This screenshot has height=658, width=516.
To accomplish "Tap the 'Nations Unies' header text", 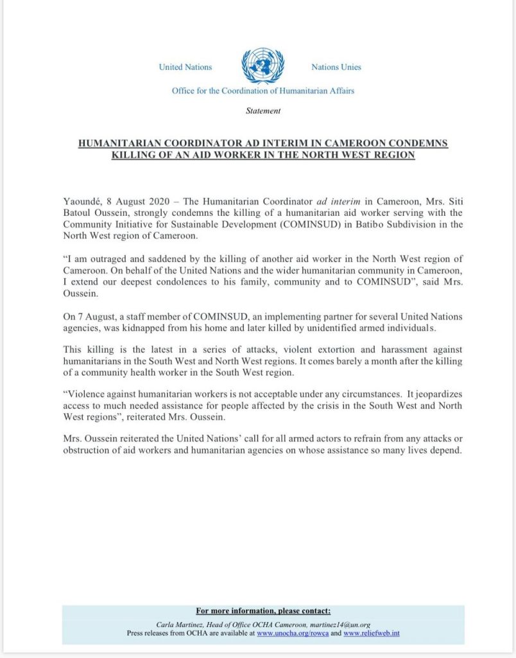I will click(336, 67).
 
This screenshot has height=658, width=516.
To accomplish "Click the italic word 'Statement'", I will click(263, 111).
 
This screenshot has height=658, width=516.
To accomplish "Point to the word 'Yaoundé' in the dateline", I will click(82, 199).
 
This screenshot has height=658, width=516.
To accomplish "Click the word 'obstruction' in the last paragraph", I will click(87, 450).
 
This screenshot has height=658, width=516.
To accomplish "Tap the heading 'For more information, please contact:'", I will click(263, 611).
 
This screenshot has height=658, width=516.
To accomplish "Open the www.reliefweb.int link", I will click(372, 633).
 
